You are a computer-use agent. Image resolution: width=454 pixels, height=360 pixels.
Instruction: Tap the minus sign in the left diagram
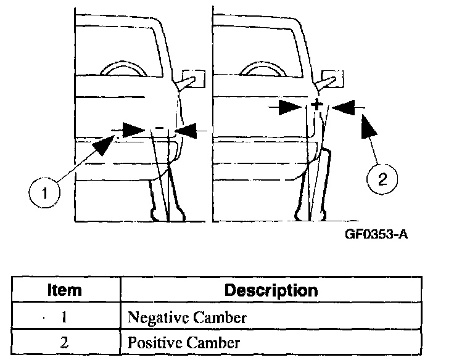(159, 128)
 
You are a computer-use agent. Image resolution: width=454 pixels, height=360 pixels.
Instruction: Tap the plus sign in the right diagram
(317, 105)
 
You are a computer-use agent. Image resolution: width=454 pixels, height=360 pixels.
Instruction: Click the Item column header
(65, 290)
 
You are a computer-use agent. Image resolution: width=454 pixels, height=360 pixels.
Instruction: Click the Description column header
(271, 290)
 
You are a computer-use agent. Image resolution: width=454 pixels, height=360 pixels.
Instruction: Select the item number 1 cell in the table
(65, 317)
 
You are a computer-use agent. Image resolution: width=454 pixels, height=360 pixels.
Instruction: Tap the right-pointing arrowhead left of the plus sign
(291, 107)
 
